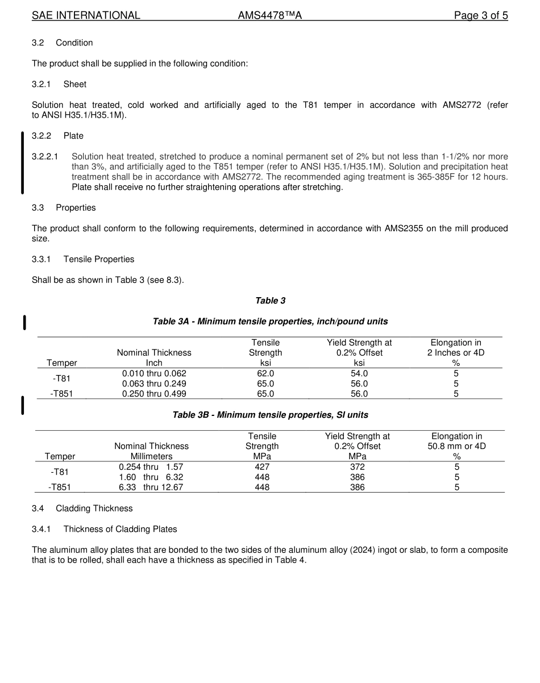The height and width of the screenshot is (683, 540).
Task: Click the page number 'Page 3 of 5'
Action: pyautogui.click(x=480, y=15)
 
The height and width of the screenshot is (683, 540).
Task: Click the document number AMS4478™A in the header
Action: pyautogui.click(x=269, y=15)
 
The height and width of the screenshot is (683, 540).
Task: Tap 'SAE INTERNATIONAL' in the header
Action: pyautogui.click(x=86, y=15)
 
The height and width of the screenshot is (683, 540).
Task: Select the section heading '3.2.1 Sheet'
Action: pyautogui.click(x=59, y=84)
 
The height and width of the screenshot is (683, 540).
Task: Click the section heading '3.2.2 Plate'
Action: pyautogui.click(x=57, y=136)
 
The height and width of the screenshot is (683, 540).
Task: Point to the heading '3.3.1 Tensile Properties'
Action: pyautogui.click(x=83, y=259)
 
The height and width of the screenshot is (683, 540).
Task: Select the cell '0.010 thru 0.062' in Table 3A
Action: pyautogui.click(x=154, y=373)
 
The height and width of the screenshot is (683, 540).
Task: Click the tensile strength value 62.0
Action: pyautogui.click(x=265, y=373)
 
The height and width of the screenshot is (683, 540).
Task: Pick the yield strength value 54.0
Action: pyautogui.click(x=359, y=373)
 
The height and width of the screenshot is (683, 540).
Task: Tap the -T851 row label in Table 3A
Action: pyautogui.click(x=61, y=394)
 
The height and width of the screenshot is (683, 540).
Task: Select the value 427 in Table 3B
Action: pyautogui.click(x=262, y=467)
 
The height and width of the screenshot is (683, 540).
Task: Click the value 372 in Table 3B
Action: pyautogui.click(x=358, y=467)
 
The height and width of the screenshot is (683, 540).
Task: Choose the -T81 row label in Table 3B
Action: pyautogui.click(x=60, y=472)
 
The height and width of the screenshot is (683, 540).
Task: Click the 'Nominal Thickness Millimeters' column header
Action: pyautogui.click(x=151, y=451)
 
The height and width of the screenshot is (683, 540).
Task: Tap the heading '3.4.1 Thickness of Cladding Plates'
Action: pyautogui.click(x=104, y=529)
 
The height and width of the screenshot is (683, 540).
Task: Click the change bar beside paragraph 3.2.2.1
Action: pyautogui.click(x=22, y=163)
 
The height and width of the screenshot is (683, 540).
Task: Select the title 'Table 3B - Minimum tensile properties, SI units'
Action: pyautogui.click(x=270, y=415)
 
